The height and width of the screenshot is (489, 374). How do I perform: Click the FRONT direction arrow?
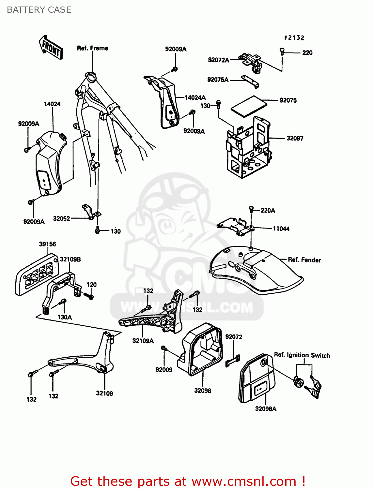click(x=51, y=48)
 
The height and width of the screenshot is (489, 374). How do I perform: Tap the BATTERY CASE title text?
click(x=39, y=10)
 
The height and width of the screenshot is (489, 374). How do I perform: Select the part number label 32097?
click(x=295, y=138)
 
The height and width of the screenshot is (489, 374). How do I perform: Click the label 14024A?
click(x=195, y=97)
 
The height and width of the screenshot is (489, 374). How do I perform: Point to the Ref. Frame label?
click(x=92, y=48)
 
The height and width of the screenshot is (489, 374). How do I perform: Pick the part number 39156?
click(x=47, y=244)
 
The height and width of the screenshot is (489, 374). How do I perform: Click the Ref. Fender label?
click(x=304, y=260)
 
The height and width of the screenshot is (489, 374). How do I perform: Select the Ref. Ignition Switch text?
click(x=302, y=355)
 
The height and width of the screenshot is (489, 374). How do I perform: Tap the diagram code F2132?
click(x=294, y=38)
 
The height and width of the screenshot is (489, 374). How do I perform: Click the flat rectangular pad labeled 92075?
click(x=249, y=105)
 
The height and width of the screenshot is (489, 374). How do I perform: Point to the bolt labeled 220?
click(x=282, y=51)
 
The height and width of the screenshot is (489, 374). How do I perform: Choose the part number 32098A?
click(x=266, y=409)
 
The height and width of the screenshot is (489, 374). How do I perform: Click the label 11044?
click(x=281, y=229)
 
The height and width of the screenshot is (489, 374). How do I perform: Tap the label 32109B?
click(x=70, y=259)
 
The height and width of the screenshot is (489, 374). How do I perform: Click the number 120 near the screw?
click(x=92, y=285)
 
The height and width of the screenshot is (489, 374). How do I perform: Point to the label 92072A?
click(x=218, y=60)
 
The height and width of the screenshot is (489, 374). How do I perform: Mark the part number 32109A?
click(x=143, y=341)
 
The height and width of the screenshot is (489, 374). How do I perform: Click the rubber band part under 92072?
click(x=232, y=361)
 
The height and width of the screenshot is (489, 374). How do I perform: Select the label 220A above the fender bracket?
click(x=268, y=211)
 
